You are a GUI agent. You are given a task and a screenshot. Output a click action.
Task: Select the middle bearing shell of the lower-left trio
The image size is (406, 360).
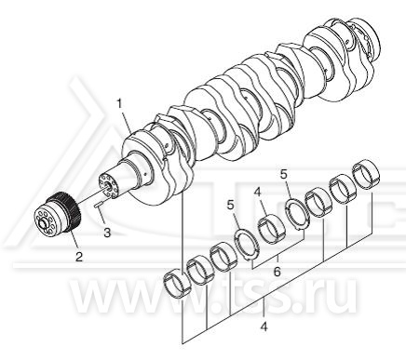tap(199, 271)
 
